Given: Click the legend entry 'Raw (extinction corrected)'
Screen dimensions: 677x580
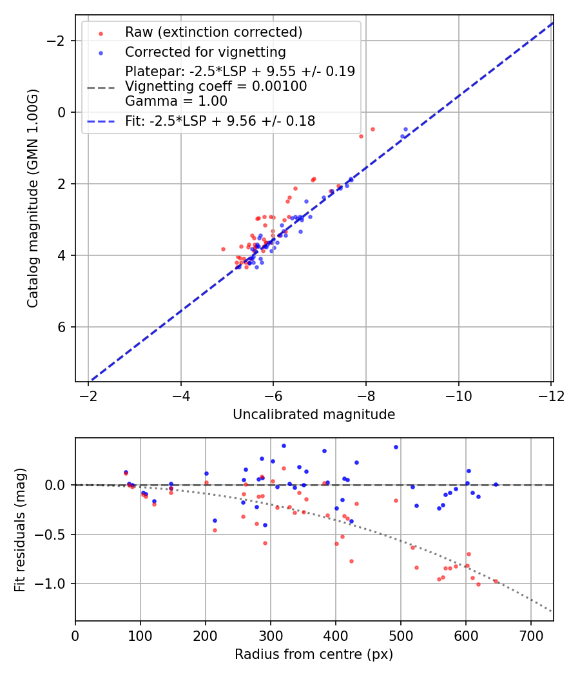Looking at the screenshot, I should click(x=213, y=32).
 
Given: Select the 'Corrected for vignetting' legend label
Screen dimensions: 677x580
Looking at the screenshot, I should click(x=205, y=52).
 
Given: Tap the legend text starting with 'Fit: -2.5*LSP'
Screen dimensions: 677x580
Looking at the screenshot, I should click(x=220, y=121).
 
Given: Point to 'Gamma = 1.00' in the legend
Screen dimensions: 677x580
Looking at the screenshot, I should click(x=176, y=101).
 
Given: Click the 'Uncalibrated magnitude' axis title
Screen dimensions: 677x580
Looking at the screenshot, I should click(x=314, y=415).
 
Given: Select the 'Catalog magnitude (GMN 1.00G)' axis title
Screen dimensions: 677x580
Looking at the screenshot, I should click(x=33, y=198).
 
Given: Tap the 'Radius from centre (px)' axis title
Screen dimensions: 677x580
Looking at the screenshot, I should click(x=314, y=654).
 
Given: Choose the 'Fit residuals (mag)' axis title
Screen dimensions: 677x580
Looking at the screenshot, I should click(x=20, y=529).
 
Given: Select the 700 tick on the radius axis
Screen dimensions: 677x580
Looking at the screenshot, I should click(x=531, y=635).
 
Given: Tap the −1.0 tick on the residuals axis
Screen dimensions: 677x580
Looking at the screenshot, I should click(x=54, y=584).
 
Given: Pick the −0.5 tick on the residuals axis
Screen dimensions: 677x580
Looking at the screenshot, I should click(x=54, y=534).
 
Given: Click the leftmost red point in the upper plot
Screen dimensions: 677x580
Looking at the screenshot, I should click(x=223, y=249).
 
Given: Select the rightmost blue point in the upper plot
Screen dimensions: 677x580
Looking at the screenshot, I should click(x=405, y=129).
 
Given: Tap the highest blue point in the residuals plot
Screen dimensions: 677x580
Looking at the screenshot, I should click(x=284, y=446).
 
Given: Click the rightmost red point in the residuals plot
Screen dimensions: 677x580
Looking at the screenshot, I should click(x=496, y=581).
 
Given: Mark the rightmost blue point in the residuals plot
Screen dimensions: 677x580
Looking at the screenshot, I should click(x=496, y=484).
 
